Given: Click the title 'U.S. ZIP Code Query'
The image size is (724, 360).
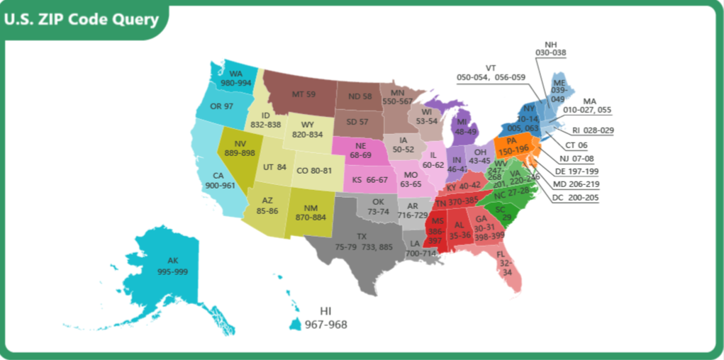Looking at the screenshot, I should tap(82, 19).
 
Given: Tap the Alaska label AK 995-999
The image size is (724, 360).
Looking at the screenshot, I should tap(172, 266).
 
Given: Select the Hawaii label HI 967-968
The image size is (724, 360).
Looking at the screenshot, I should tap(325, 318).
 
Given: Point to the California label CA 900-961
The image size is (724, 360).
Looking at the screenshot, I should tap(220, 180).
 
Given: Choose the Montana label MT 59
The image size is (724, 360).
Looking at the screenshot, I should tap(304, 94).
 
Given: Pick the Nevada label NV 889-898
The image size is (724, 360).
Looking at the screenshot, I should tap(240, 148).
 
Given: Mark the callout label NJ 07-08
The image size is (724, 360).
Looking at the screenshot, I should tap(574, 158).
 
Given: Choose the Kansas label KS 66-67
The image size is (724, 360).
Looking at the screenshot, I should tap(370, 179).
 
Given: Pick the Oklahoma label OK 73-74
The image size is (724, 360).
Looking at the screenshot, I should tap(378, 206).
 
